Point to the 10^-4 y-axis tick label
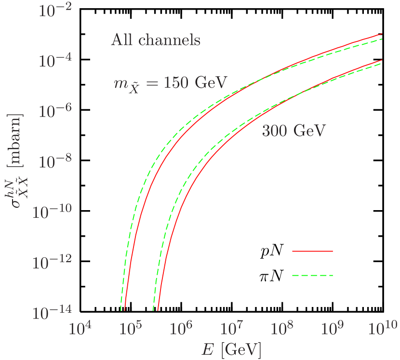coord(54,62)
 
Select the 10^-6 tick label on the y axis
coord(54,111)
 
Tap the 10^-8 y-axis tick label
coord(54,162)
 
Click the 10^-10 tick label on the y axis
coord(52,212)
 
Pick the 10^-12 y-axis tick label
coord(52,263)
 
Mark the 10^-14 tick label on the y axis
coord(52,313)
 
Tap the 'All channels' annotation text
coord(156,40)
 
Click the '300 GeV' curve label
coord(294,131)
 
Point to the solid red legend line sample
coord(313,251)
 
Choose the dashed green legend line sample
coord(313,276)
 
